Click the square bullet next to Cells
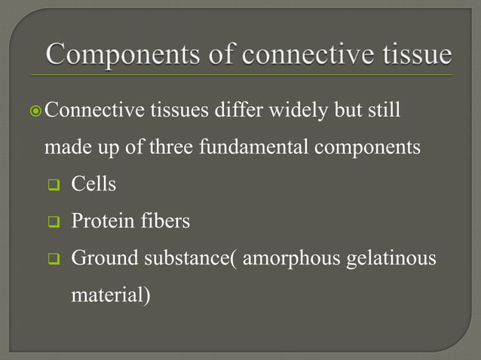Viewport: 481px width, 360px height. click(x=54, y=185)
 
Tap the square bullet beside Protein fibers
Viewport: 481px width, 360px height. click(x=54, y=222)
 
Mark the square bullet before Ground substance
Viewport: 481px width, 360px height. click(x=54, y=259)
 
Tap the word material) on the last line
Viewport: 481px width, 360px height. click(x=110, y=294)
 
